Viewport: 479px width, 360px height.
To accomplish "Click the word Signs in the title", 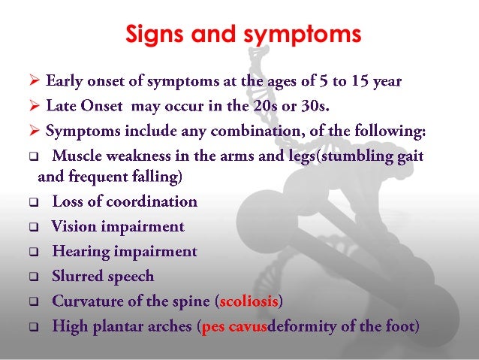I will [x=155, y=35].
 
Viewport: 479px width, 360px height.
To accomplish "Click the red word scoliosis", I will [x=248, y=302].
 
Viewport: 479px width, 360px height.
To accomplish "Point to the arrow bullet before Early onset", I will [x=35, y=81].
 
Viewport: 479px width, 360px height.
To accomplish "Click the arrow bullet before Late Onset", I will [x=35, y=107].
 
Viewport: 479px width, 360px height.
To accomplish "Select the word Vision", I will [x=72, y=227].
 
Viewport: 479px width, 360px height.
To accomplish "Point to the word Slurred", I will [x=75, y=277].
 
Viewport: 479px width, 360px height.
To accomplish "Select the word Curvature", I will [x=85, y=302].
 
